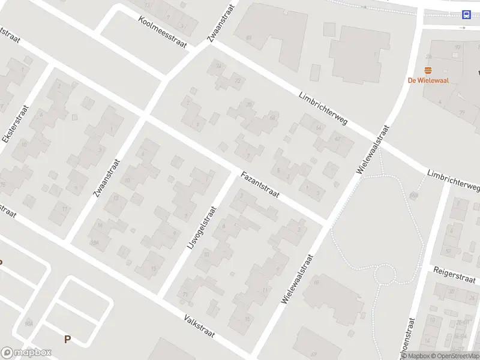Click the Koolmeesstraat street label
click(162, 32)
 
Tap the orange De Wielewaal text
click(428, 80)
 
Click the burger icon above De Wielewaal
click(428, 70)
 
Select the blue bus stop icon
click(466, 14)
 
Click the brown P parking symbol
click(67, 340)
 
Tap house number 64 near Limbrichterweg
click(318, 128)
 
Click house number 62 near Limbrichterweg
click(338, 139)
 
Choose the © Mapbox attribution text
click(415, 356)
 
